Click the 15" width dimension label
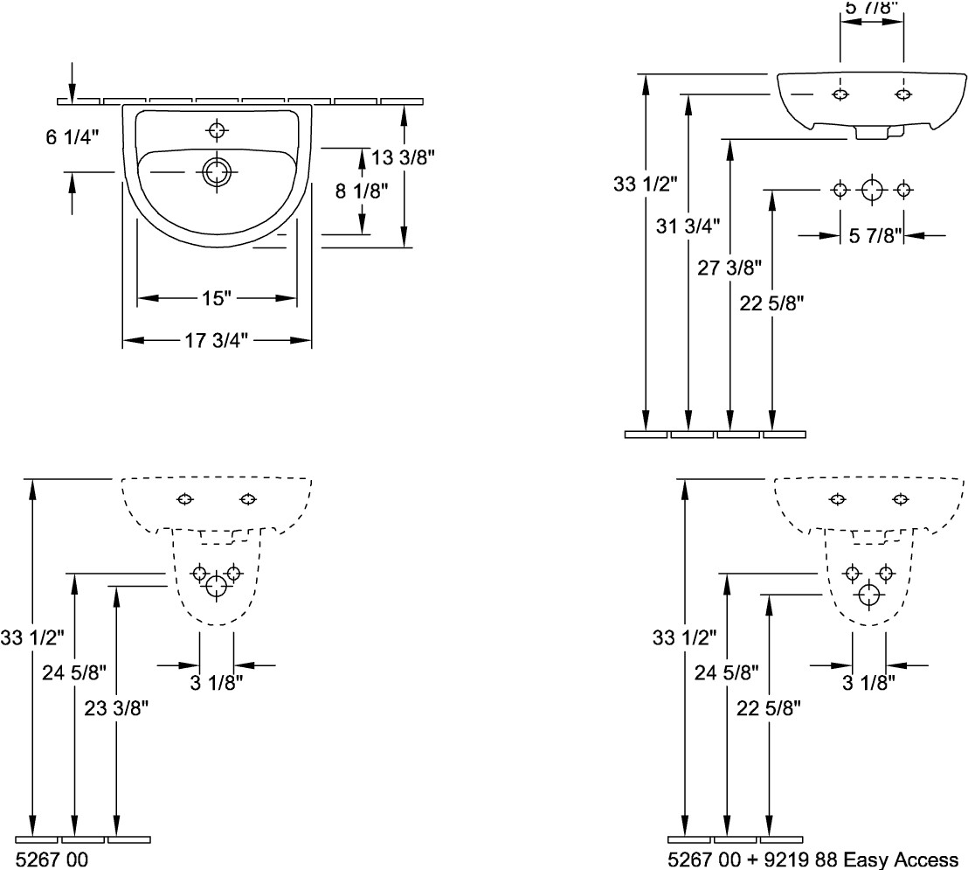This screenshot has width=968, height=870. coord(216,298)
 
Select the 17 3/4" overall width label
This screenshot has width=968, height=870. coord(216,340)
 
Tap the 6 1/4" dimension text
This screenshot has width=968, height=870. coord(73,136)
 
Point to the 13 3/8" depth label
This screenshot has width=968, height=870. coord(403,157)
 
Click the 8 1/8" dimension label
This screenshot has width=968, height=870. coord(362,191)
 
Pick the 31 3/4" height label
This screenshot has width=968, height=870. coord(688,226)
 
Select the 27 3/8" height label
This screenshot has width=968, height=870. coord(729,268)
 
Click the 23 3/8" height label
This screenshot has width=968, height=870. coord(116,708)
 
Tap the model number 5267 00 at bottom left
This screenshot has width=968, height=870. coord(52,860)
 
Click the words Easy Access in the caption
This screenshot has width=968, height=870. coord(900,860)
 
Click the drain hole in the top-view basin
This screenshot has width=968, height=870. coord(216,171)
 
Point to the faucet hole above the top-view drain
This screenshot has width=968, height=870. coord(217,130)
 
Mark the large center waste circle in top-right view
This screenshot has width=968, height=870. coord(872,190)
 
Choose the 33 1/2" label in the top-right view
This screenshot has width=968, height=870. coord(646,184)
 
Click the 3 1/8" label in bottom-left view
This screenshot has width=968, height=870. coord(216,683)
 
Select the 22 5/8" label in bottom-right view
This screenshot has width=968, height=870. coord(769,708)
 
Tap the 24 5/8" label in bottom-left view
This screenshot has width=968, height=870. coord(74,672)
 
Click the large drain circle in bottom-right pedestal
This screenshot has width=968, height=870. coord(869,595)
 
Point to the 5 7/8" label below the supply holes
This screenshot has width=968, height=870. coord(875,235)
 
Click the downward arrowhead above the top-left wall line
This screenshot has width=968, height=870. coord(73,94)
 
